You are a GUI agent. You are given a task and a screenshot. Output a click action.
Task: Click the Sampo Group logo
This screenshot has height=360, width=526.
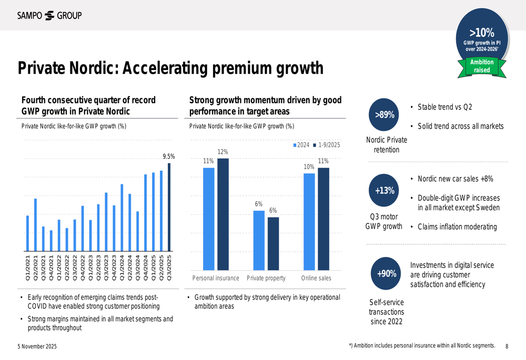tap(49, 15)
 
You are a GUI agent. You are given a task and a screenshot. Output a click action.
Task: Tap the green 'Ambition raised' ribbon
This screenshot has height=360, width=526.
tap(482, 66)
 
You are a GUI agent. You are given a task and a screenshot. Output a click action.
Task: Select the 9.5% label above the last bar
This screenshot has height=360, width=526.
tap(168, 156)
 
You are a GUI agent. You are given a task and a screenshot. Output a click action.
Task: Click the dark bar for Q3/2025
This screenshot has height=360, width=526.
tap(169, 207)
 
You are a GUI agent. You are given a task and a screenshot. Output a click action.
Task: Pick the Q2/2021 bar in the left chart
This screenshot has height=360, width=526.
tap(35, 225)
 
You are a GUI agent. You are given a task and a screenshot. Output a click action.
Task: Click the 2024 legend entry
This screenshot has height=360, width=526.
tap(301, 145)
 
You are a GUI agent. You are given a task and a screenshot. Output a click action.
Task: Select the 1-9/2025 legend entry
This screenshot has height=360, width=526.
tap(327, 145)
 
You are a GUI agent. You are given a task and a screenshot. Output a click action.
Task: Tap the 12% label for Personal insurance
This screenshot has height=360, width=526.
tap(223, 152)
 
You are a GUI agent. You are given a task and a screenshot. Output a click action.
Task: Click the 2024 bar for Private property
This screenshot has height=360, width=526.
tap(259, 240)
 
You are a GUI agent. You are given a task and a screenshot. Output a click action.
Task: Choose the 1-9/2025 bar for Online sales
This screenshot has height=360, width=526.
tap(323, 219)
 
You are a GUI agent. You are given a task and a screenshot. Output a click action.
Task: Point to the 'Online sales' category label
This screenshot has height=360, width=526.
tap(316, 278)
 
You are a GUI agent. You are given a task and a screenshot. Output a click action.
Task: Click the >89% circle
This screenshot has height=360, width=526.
tap(385, 115)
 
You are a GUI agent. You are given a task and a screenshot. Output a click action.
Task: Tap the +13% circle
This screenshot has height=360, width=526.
tap(385, 190)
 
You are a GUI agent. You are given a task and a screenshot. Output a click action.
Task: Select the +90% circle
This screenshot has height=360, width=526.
tap(387, 274)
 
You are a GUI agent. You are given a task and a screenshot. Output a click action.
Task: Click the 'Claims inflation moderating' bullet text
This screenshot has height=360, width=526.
tap(457, 227)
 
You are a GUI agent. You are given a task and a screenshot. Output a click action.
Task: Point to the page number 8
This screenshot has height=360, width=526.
tap(507, 346)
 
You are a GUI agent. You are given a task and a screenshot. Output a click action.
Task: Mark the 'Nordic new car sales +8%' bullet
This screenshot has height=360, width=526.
tap(455, 179)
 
